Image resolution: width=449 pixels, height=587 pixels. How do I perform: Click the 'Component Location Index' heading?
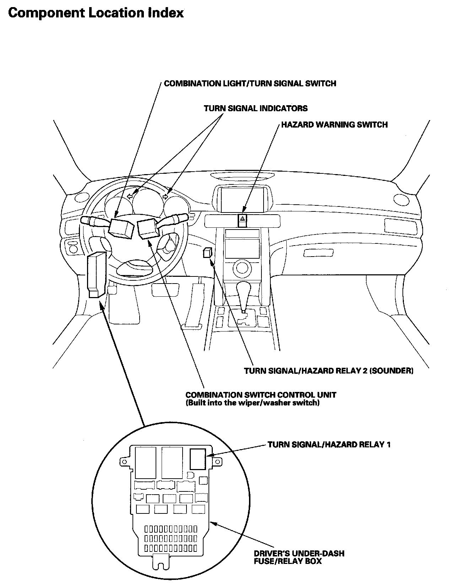[x=96, y=13]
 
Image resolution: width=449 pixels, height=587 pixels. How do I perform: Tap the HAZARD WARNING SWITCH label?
[x=334, y=125]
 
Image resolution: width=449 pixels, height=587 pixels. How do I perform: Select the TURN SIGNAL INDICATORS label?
[x=256, y=108]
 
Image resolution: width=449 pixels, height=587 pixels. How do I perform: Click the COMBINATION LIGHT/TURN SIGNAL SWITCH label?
[x=250, y=84]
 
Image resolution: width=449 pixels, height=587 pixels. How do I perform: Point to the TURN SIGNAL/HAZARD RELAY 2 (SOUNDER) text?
[x=329, y=371]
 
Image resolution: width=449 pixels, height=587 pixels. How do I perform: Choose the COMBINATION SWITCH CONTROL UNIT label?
[x=261, y=395]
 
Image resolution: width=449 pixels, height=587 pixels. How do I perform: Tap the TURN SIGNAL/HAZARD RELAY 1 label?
[x=329, y=444]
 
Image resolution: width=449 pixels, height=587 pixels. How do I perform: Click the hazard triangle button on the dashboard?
[x=243, y=219]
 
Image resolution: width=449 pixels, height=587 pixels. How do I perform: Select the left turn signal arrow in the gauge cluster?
[x=130, y=196]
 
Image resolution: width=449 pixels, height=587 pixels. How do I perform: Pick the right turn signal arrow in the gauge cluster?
[x=165, y=196]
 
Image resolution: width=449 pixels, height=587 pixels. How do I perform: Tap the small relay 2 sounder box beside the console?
[x=208, y=253]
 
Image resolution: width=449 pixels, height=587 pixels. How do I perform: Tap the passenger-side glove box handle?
[x=318, y=253]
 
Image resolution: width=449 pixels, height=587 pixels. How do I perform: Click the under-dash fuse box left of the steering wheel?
[x=96, y=273]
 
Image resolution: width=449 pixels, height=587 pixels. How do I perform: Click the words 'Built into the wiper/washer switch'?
[x=253, y=403]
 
